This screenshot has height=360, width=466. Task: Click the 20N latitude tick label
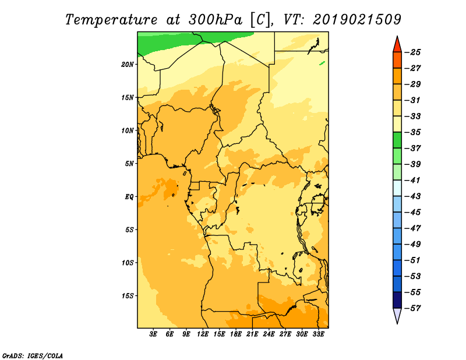click(128, 65)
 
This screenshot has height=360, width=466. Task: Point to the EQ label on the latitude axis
click(129, 197)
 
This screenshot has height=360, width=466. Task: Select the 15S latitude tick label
click(128, 296)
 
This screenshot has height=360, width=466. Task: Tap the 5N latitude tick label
click(129, 164)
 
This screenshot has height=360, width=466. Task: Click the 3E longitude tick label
click(153, 334)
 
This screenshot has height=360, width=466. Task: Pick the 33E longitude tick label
click(318, 334)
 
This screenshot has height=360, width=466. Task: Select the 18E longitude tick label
click(236, 334)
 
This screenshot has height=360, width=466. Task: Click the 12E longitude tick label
click(203, 334)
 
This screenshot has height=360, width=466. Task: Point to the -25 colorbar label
click(413, 52)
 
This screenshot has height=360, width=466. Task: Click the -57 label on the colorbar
click(413, 309)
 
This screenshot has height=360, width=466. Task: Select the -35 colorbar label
click(413, 133)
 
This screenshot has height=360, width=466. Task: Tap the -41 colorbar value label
click(413, 181)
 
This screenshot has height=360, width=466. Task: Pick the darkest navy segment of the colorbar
click(397, 300)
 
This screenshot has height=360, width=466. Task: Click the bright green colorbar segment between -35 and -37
click(397, 140)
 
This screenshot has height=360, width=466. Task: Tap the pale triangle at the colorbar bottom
click(397, 315)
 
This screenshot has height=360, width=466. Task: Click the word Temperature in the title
click(111, 20)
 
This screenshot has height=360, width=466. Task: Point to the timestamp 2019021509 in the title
click(357, 20)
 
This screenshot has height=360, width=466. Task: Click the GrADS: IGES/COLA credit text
click(33, 356)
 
